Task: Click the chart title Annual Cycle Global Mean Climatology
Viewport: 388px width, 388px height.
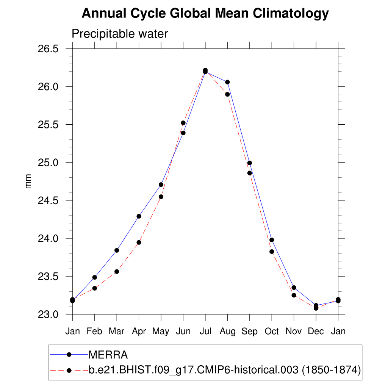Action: [x=205, y=14]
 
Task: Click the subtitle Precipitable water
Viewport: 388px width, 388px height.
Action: [x=119, y=34]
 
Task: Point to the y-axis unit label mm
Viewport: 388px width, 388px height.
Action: [x=28, y=181]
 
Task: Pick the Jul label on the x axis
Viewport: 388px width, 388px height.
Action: [x=205, y=331]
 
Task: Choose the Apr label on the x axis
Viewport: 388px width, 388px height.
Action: [x=139, y=331]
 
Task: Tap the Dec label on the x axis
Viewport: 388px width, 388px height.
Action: [x=316, y=331]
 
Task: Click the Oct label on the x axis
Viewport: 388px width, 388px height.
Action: [x=271, y=331]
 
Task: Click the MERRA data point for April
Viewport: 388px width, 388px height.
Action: [x=139, y=216]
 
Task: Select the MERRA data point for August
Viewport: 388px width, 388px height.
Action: [x=227, y=82]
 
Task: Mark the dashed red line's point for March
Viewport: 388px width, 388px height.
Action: [x=117, y=272]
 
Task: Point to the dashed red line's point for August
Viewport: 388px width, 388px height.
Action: [x=227, y=94]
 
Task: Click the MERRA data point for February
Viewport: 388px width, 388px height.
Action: [x=95, y=277]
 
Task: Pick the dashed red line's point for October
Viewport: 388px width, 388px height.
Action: [x=272, y=252]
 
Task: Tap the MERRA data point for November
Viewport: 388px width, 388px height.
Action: [x=294, y=288]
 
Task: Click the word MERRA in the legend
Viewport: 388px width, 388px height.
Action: [x=108, y=355]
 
